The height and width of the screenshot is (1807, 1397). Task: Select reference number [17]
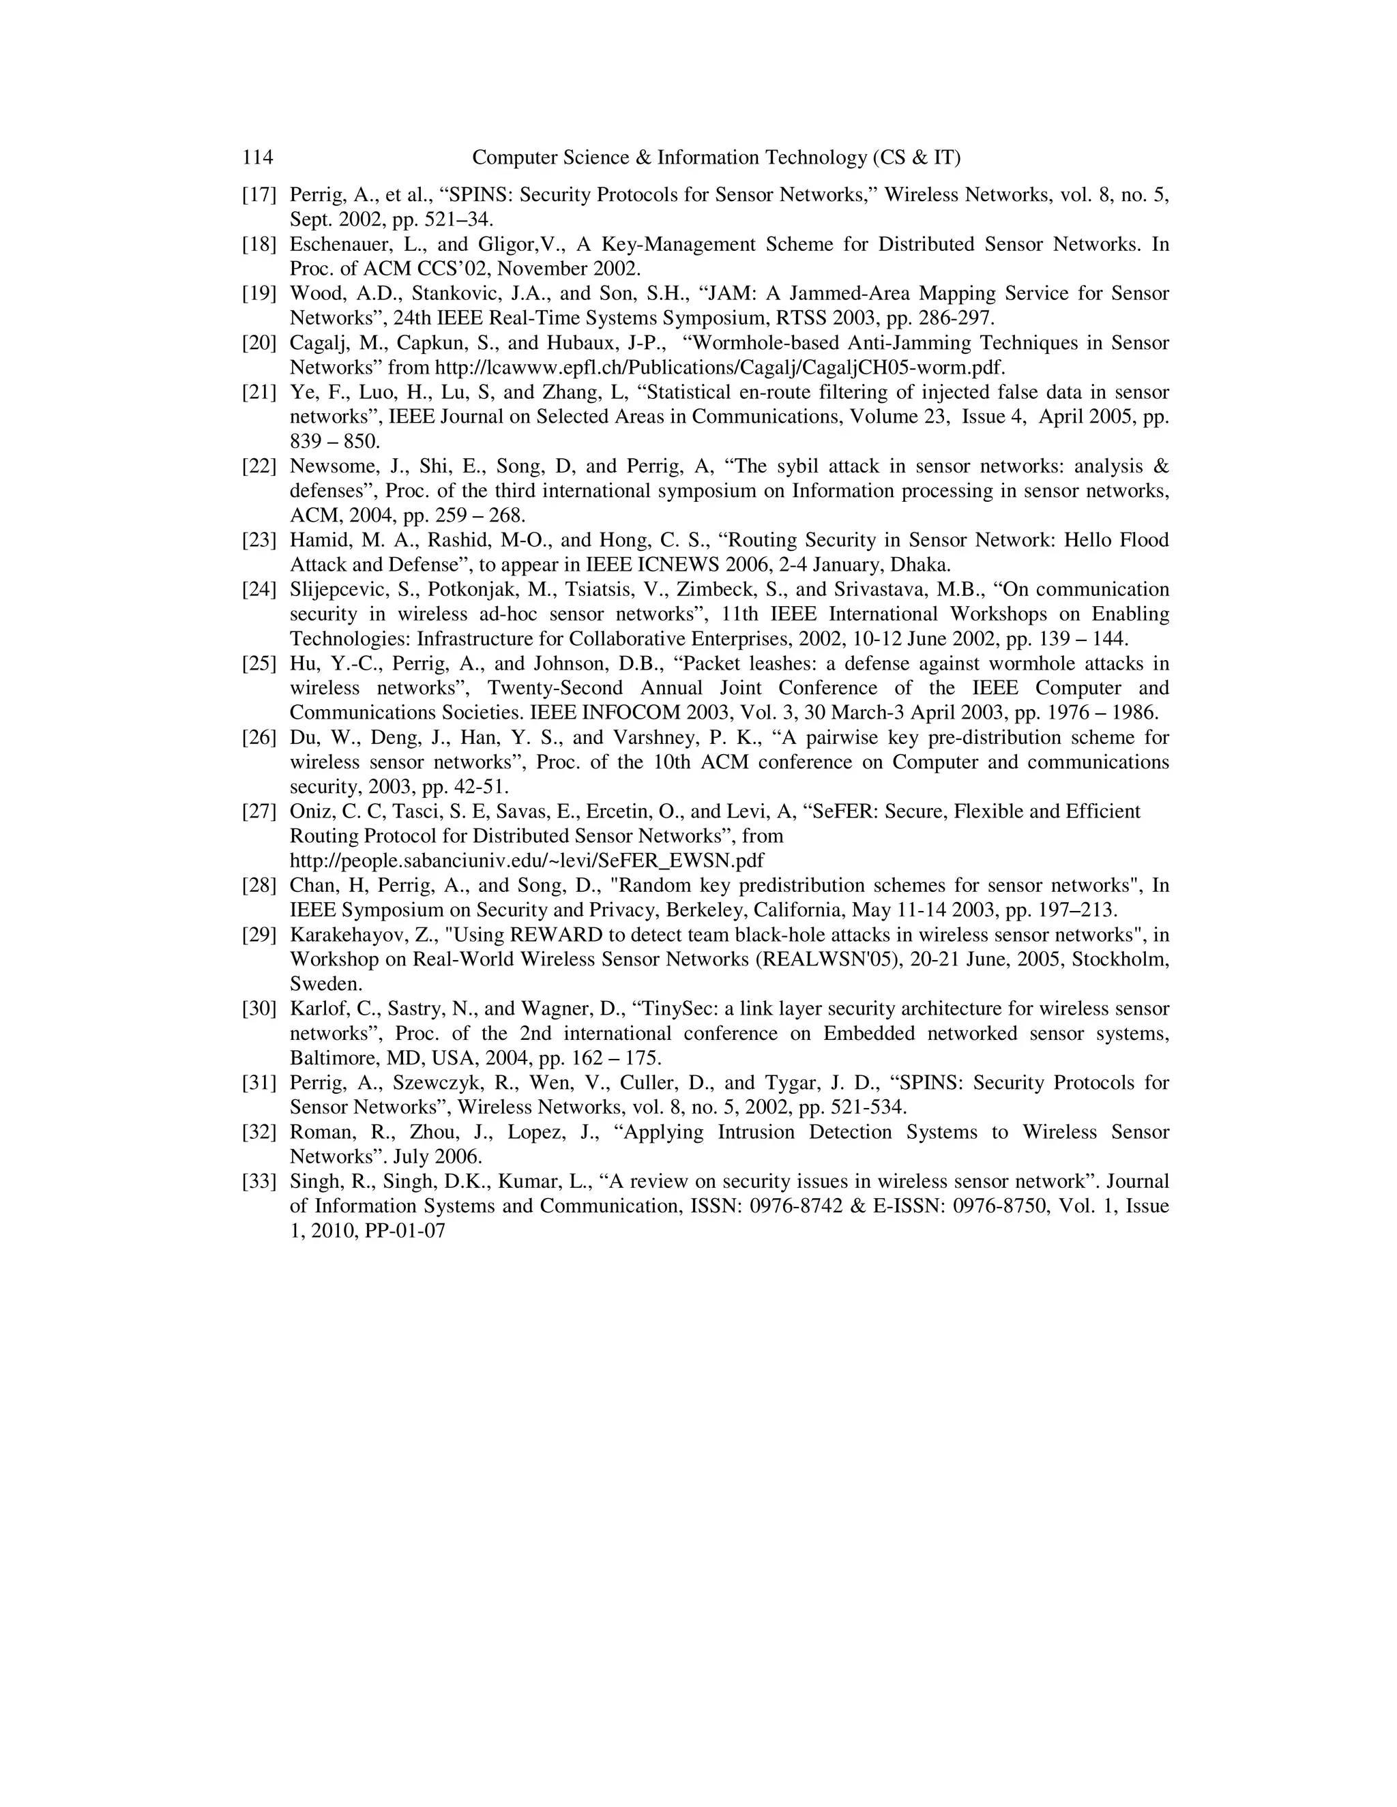click(259, 195)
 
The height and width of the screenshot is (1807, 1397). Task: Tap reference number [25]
click(259, 663)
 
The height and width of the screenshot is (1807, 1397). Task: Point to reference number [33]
click(259, 1182)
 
